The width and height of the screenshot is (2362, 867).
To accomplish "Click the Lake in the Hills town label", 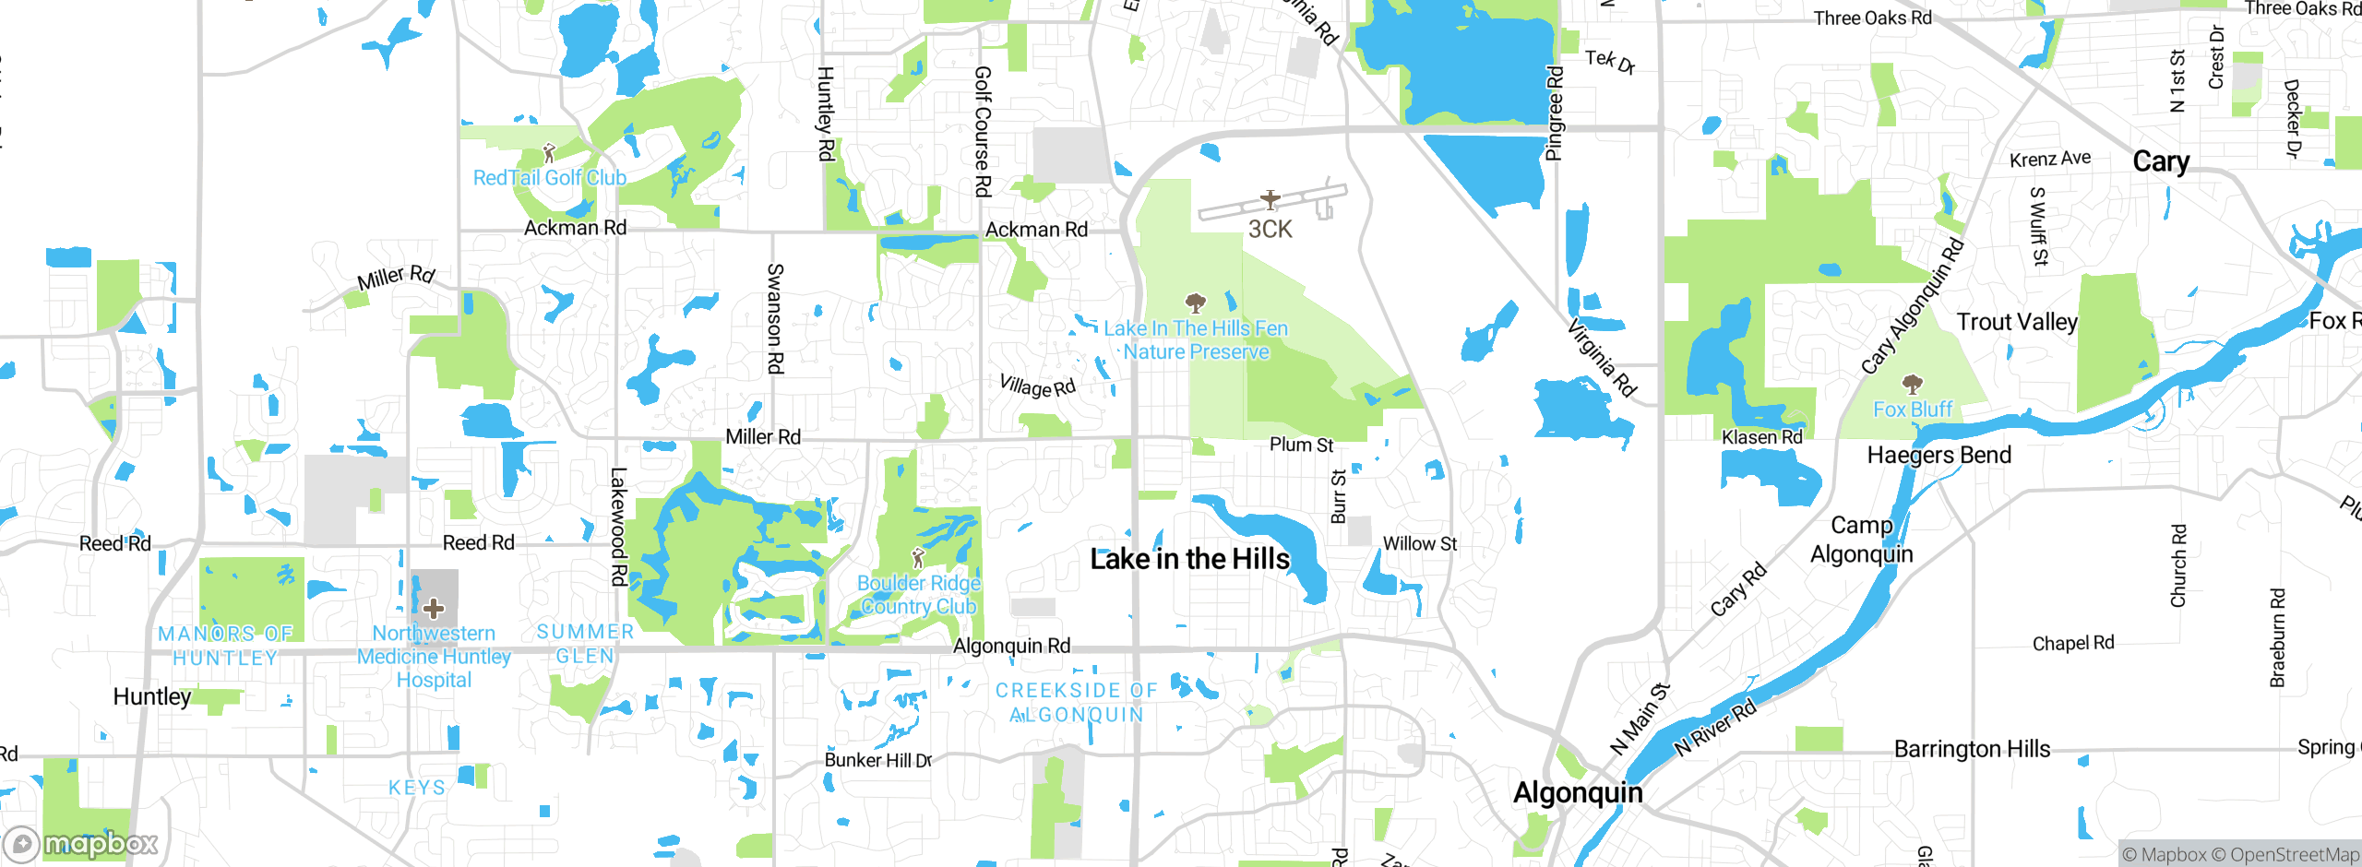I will [1189, 559].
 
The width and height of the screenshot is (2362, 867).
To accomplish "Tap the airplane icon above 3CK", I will [1270, 199].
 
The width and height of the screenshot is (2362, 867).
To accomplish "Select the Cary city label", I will [2161, 161].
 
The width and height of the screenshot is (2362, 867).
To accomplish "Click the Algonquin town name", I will [1578, 793].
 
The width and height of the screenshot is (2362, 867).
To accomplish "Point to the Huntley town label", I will [152, 696].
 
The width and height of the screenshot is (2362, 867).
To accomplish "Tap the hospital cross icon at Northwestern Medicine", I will [434, 609].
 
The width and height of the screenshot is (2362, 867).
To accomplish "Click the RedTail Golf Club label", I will [550, 178].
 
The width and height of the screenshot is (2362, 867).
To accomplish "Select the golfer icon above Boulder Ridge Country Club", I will [917, 558].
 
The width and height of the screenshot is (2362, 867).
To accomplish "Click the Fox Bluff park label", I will [1913, 410].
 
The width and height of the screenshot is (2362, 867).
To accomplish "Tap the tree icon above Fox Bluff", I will [1913, 384].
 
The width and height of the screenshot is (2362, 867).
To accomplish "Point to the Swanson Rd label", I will [775, 318].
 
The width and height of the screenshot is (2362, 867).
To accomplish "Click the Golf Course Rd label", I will [983, 131].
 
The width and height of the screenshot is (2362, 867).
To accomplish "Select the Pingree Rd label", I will [1555, 113].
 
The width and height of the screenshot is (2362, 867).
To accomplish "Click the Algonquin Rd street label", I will [1011, 646].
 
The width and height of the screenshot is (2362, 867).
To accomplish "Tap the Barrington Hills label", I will [1972, 749].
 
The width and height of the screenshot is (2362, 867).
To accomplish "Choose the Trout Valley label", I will [2017, 322].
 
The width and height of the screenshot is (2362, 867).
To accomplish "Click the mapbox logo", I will [81, 843].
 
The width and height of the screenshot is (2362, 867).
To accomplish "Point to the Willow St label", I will [1419, 544].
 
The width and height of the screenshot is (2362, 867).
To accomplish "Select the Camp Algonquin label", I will [1861, 540].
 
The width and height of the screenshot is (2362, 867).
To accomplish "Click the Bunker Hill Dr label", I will [878, 760].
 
